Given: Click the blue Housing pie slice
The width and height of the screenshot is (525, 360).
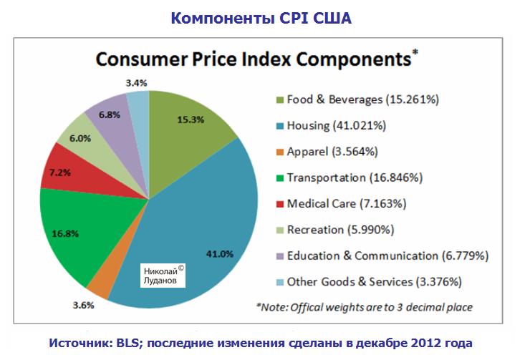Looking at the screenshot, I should pos(208,229).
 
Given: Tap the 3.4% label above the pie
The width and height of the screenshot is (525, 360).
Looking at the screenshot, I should pos(136,83).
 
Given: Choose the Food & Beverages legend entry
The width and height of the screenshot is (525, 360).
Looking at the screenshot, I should pos(362,99).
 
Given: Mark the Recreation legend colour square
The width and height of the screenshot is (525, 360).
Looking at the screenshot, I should pos(277,230).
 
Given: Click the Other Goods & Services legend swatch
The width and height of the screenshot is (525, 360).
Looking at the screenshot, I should pos(277,282).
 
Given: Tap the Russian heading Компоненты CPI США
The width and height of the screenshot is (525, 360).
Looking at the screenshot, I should pos(261,16).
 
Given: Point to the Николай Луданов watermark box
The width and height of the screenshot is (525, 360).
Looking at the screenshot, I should pos(163,276).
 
